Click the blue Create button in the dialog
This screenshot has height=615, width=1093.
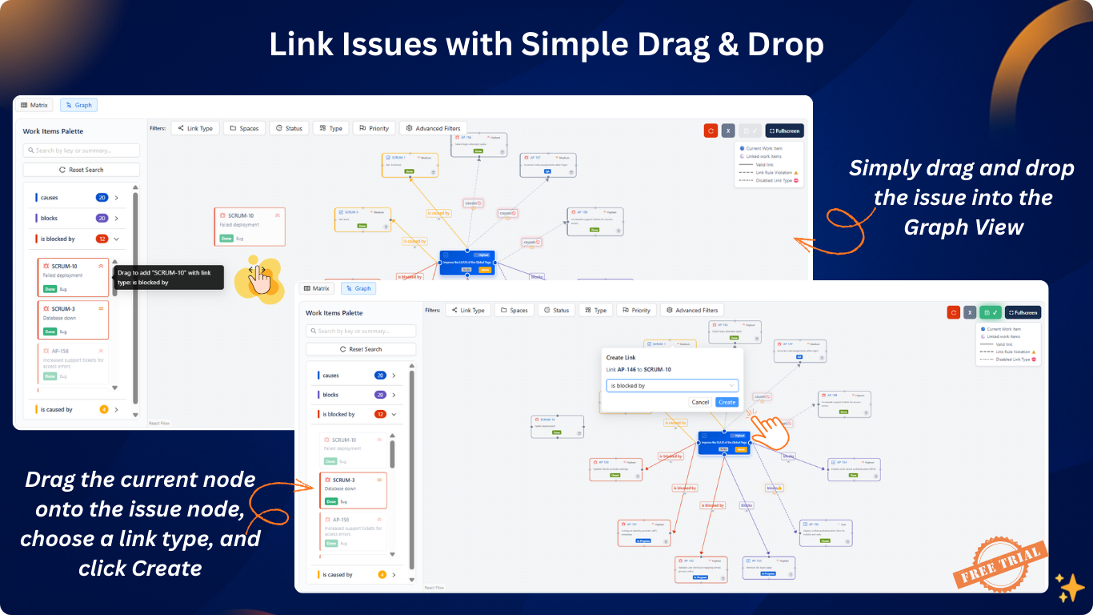tap(727, 402)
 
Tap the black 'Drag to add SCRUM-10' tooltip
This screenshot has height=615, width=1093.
tap(169, 277)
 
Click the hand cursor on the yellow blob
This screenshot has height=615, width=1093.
tap(258, 279)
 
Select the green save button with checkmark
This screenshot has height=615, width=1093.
tap(990, 312)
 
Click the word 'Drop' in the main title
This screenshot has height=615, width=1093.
tap(785, 45)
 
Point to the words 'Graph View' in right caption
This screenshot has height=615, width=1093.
tap(963, 227)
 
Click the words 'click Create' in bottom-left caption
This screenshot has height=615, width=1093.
tap(140, 568)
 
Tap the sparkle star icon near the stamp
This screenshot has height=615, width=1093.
tap(1069, 588)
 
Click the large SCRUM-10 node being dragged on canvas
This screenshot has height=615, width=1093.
tap(250, 227)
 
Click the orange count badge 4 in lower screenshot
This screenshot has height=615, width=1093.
tap(382, 574)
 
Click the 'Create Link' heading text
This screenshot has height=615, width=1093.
tap(621, 357)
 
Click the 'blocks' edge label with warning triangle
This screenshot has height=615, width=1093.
tap(774, 488)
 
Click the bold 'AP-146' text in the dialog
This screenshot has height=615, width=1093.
tap(627, 369)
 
